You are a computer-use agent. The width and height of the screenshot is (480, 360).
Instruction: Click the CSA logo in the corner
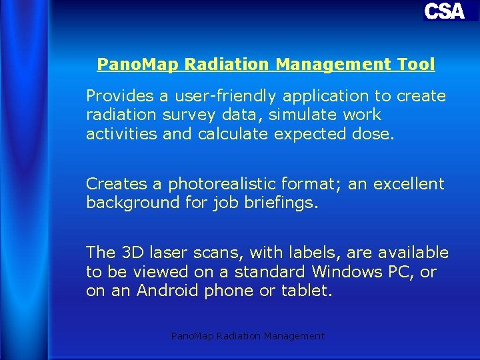pyautogui.click(x=444, y=11)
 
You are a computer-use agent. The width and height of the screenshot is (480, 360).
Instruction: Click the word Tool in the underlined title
pyautogui.click(x=417, y=65)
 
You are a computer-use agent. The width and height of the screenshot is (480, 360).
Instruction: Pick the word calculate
pyautogui.click(x=234, y=134)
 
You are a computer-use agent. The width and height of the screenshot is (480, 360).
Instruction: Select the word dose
pyautogui.click(x=377, y=134)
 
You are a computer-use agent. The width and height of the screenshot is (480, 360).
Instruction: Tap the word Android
pyautogui.click(x=161, y=291)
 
